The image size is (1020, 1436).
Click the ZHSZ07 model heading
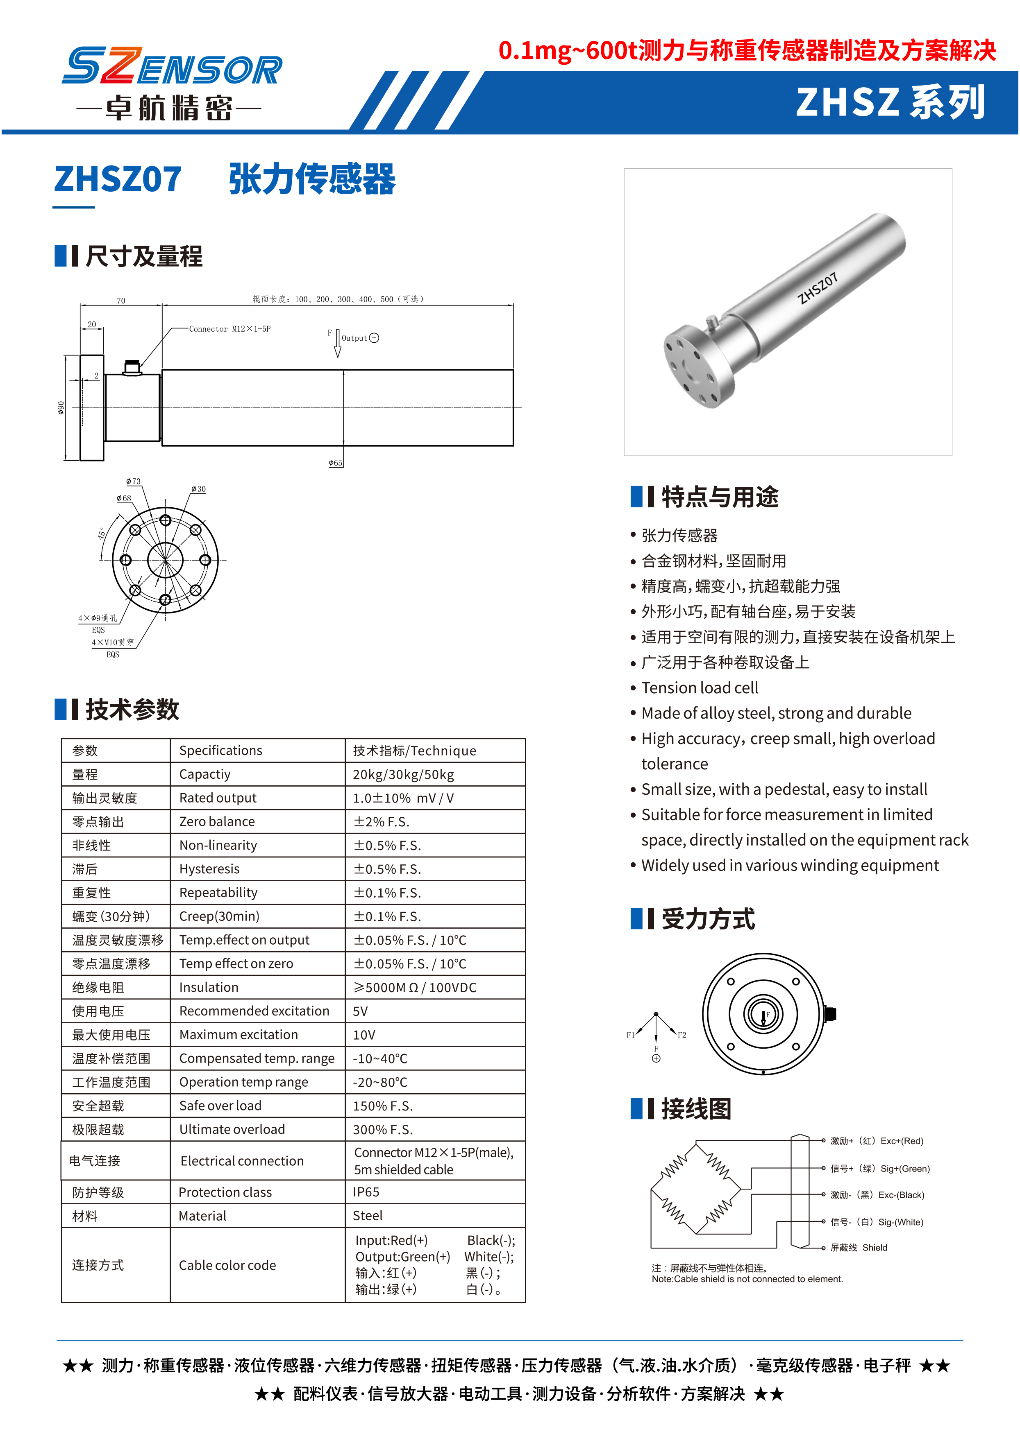[118, 179]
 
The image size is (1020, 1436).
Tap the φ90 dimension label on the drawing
[61, 408]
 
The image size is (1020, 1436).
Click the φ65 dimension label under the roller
[335, 463]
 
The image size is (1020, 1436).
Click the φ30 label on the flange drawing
[198, 489]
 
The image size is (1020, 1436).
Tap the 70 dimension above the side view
[121, 301]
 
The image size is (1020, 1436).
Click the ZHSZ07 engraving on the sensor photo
[817, 288]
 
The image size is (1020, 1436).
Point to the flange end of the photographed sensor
[697, 367]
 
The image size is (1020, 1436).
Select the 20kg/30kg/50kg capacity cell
[403, 774]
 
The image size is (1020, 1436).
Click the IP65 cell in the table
[366, 1192]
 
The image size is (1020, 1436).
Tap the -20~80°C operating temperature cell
[380, 1082]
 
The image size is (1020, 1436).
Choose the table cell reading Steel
[368, 1216]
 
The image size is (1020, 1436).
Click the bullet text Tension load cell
[700, 688]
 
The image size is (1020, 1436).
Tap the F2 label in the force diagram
[682, 1035]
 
